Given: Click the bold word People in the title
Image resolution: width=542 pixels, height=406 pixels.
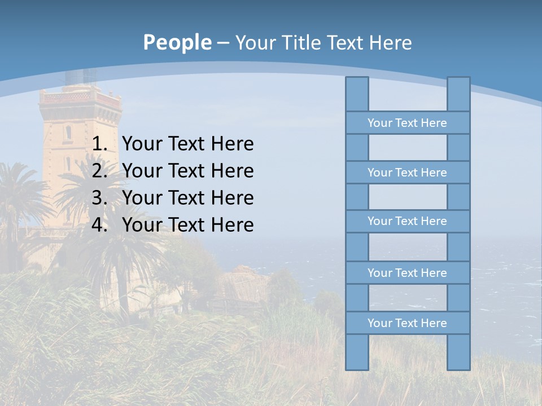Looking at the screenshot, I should [177, 42].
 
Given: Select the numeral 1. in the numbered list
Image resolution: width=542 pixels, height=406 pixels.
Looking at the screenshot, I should [99, 144].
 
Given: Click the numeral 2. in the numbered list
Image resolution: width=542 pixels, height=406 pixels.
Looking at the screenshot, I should [99, 171].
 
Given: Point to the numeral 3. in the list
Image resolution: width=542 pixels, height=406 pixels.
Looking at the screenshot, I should [99, 198].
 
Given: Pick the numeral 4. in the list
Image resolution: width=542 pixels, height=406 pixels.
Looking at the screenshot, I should [99, 225].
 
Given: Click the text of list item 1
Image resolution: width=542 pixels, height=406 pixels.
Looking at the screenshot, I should [187, 144].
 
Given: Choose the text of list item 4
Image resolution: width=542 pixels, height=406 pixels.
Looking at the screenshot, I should [187, 225].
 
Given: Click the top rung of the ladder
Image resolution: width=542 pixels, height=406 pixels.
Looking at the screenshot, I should [407, 123].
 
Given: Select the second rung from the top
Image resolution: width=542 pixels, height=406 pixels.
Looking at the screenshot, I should [407, 173].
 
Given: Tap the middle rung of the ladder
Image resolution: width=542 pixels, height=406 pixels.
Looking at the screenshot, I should [407, 221].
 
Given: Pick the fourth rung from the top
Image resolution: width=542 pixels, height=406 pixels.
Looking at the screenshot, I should [407, 273].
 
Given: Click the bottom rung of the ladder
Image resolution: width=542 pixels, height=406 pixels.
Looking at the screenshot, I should [407, 323].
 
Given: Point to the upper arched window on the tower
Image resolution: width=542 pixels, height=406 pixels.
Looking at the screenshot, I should [68, 133].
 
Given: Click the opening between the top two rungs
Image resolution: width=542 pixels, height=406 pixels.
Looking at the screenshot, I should [408, 148].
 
